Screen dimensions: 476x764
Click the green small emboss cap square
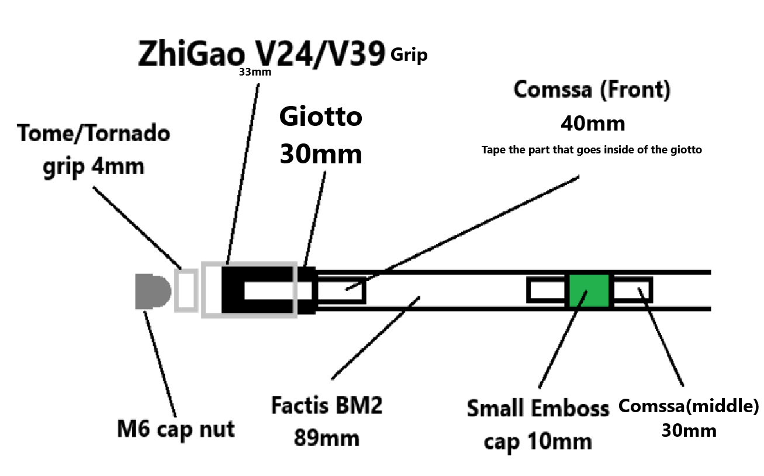[x=589, y=290]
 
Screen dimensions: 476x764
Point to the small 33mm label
[x=250, y=73]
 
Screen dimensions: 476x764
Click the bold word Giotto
[x=321, y=117]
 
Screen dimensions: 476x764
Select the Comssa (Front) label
[x=592, y=90]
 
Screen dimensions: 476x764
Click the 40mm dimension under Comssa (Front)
[x=592, y=124]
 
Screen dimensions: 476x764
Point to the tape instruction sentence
[x=592, y=149]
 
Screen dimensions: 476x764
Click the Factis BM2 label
[x=327, y=406]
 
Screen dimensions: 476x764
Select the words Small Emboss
[x=538, y=408]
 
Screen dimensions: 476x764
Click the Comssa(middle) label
[x=689, y=405]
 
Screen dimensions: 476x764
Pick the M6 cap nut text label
[x=175, y=429]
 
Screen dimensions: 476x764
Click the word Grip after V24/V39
[x=410, y=56]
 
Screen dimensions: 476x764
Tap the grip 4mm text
[x=94, y=167]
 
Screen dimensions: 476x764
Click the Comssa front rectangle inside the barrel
[x=340, y=290]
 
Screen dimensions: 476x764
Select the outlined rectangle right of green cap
[x=631, y=290]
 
